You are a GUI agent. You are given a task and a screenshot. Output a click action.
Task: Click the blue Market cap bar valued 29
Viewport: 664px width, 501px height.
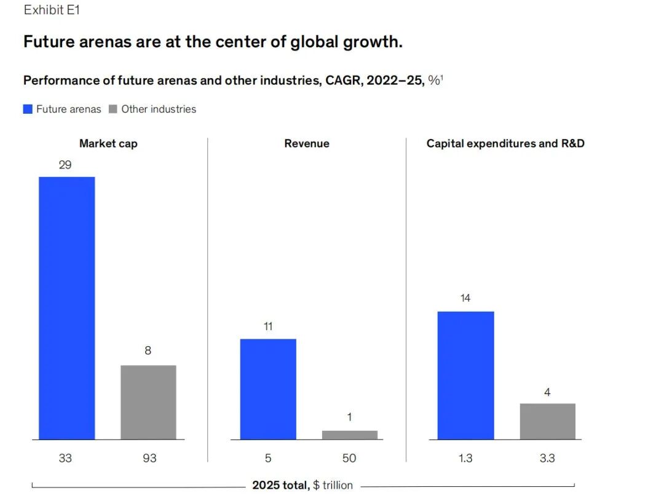pyautogui.click(x=66, y=308)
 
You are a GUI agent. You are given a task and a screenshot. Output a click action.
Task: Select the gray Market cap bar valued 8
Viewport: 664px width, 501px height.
pyautogui.click(x=148, y=402)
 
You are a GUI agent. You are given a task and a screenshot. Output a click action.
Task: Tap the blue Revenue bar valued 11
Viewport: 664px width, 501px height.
pyautogui.click(x=268, y=389)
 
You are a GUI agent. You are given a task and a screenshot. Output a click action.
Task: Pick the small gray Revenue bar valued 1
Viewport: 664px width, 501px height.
pyautogui.click(x=350, y=435)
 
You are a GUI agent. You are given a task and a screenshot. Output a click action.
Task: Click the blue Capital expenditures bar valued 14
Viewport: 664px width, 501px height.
pyautogui.click(x=465, y=375)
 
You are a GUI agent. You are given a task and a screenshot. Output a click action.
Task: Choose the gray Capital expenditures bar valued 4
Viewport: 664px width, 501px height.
pyautogui.click(x=547, y=421)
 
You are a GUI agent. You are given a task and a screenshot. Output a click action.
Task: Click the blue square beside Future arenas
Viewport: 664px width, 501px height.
pyautogui.click(x=28, y=109)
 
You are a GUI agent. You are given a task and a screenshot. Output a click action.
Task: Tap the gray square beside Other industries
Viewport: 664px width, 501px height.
pyautogui.click(x=113, y=109)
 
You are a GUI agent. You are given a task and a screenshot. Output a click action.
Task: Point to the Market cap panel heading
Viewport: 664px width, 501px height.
pyautogui.click(x=108, y=144)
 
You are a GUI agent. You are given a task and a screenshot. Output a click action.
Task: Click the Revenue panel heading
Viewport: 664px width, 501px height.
pyautogui.click(x=306, y=144)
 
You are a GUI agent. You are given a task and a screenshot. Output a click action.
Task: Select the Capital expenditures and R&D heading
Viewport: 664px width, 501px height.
pyautogui.click(x=505, y=144)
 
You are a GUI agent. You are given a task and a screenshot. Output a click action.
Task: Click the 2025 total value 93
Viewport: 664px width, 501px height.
pyautogui.click(x=148, y=458)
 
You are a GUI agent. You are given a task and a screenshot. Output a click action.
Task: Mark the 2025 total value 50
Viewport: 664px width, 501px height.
pyautogui.click(x=349, y=458)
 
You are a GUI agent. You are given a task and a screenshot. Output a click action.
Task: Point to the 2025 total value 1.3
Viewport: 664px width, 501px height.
pyautogui.click(x=465, y=458)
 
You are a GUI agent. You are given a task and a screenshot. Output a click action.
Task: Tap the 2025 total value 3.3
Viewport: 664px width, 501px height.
pyautogui.click(x=547, y=458)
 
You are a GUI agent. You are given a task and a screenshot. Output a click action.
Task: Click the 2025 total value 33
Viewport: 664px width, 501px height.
pyautogui.click(x=65, y=458)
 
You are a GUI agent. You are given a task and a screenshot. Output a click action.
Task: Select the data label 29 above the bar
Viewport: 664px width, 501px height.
pyautogui.click(x=65, y=165)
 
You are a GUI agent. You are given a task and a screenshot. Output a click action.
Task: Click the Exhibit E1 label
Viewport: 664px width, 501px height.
pyautogui.click(x=52, y=10)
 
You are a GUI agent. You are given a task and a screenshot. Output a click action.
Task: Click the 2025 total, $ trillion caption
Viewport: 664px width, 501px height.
pyautogui.click(x=302, y=486)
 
